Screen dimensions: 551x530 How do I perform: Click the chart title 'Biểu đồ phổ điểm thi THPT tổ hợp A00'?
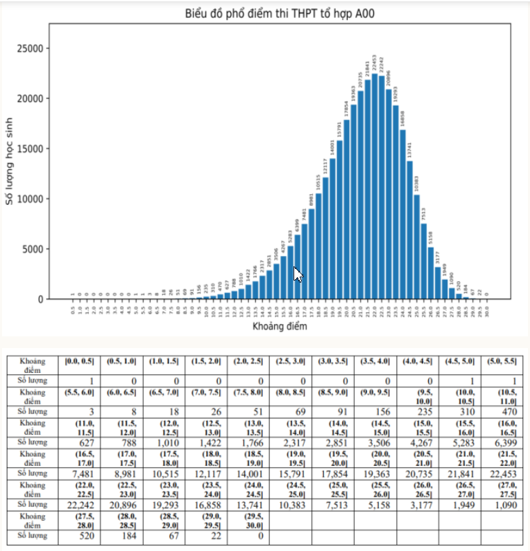pos(280,14)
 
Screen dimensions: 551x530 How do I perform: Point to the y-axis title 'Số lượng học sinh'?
pos(10,160)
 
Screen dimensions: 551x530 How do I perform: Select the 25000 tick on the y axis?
pos(31,49)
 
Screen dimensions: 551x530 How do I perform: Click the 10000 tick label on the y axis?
pos(31,199)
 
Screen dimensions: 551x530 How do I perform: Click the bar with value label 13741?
pos(410,230)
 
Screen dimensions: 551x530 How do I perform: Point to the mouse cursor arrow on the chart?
pos(297,274)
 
